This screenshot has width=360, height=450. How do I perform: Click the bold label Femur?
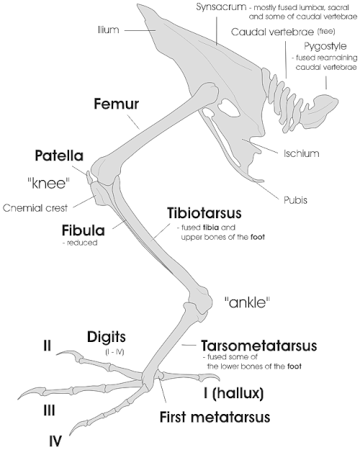tap(116, 104)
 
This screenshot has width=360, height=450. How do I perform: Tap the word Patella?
tap(59, 156)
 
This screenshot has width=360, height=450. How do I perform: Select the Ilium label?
tap(108, 30)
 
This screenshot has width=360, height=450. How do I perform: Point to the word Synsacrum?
tap(221, 7)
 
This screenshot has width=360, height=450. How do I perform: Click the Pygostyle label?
tap(325, 46)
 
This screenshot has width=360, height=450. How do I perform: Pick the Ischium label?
tap(302, 153)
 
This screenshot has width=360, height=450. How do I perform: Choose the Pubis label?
tap(295, 200)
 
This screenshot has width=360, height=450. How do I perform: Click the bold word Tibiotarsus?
tap(204, 213)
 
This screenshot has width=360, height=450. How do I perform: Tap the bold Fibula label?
tap(84, 230)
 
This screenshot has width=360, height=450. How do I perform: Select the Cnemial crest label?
tap(35, 208)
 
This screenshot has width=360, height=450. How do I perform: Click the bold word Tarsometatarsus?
tap(259, 346)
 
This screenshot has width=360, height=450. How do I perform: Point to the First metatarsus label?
tap(215, 417)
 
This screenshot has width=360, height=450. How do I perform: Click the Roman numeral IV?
tap(55, 441)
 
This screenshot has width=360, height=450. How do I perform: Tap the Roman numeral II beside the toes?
tap(47, 346)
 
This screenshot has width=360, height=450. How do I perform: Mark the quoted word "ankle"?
tap(247, 302)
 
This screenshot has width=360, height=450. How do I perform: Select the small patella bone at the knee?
tap(89, 177)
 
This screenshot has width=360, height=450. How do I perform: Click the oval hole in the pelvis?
tap(228, 108)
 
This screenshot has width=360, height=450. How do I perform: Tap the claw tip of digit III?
tap(19, 399)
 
